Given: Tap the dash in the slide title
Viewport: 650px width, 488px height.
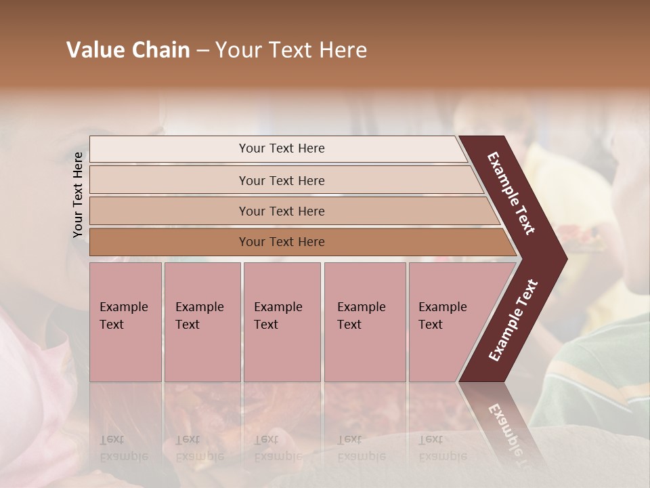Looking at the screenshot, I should tap(202, 51).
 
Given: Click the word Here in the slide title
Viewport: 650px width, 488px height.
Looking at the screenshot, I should tap(343, 50).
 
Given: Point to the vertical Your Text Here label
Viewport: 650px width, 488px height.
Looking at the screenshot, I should tap(78, 195).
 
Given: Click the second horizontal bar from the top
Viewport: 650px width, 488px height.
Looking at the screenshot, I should tap(282, 180).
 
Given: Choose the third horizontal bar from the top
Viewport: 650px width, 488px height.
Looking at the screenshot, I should tap(282, 211).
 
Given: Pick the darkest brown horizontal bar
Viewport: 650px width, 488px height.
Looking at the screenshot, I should tap(282, 242).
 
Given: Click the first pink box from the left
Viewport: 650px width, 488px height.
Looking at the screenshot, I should tap(125, 321).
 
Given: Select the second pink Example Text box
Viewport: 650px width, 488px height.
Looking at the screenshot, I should tap(202, 321).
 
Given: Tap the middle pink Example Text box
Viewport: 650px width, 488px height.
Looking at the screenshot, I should tap(282, 321).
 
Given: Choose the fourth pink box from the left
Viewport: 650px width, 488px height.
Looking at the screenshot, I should tap(365, 321).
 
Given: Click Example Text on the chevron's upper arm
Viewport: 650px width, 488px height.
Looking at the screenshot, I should tap(511, 194).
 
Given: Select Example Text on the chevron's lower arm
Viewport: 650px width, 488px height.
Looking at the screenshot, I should tap(513, 320).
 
